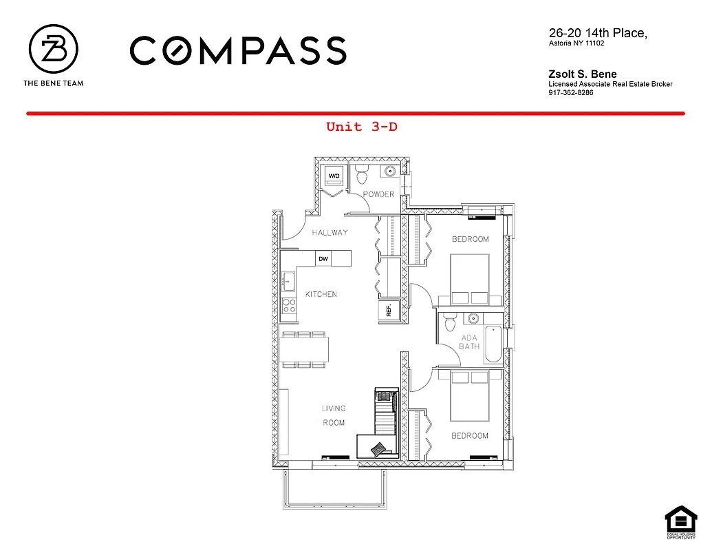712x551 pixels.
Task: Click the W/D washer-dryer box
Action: pyautogui.click(x=334, y=176)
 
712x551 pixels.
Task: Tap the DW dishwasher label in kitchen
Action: pyautogui.click(x=323, y=259)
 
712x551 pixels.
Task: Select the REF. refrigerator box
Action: pyautogui.click(x=389, y=310)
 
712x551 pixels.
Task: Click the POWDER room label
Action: pyautogui.click(x=379, y=194)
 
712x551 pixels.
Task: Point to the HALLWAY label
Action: pyautogui.click(x=330, y=233)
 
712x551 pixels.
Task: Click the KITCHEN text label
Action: pyautogui.click(x=321, y=294)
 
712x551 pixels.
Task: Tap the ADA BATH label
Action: pyautogui.click(x=471, y=342)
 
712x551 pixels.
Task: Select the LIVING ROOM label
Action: pyautogui.click(x=334, y=415)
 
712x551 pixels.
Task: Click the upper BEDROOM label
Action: pyautogui.click(x=470, y=239)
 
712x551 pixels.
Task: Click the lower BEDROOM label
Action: pyautogui.click(x=470, y=436)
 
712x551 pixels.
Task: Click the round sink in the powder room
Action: pyautogui.click(x=390, y=172)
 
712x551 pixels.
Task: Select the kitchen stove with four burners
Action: pyautogui.click(x=290, y=305)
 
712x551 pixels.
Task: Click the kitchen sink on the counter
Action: pyautogui.click(x=288, y=281)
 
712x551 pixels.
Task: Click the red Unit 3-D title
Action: pyautogui.click(x=362, y=127)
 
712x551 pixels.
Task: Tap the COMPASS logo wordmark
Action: pyautogui.click(x=237, y=51)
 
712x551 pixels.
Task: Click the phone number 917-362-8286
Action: pyautogui.click(x=571, y=93)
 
